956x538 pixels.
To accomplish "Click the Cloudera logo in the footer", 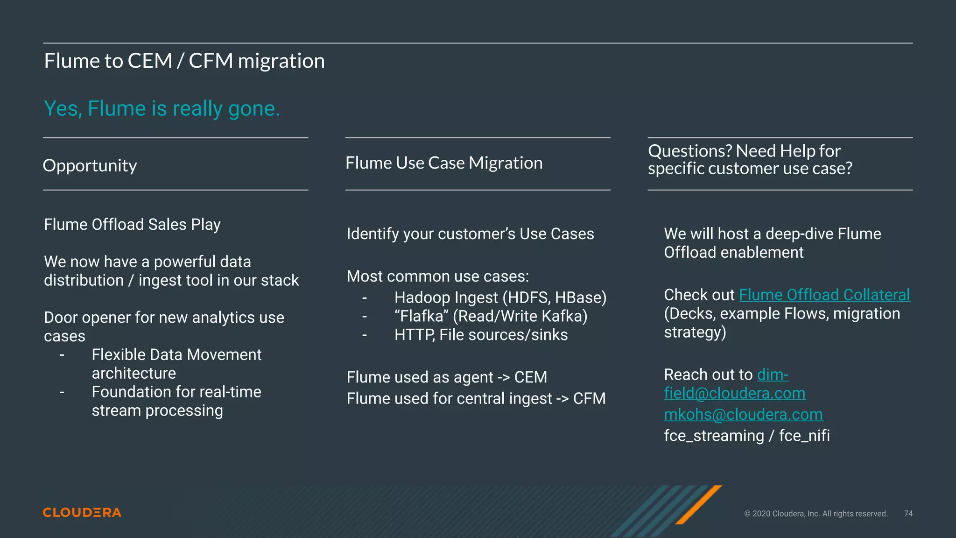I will point(82,512).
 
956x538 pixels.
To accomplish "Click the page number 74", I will point(908,514).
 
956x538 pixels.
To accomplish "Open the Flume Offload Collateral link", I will point(824,295).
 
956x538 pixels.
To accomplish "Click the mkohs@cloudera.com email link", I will point(743,414).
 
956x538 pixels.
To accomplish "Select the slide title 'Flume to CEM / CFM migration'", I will point(184,61).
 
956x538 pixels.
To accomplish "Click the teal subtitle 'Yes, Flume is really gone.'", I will point(162,108).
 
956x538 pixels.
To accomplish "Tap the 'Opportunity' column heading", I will point(90,165).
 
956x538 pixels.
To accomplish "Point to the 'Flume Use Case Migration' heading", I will point(444,163).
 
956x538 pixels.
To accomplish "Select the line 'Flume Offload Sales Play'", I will point(132,224).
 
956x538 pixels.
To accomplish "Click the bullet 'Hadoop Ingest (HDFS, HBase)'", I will point(500,297).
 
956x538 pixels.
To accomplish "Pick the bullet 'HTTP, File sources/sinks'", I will point(481,335).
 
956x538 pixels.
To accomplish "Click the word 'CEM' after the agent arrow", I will point(530,377).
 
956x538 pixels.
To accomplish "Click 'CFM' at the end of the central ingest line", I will point(589,398).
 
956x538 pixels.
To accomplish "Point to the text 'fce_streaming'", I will point(714,435).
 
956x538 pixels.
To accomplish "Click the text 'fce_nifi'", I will point(804,435).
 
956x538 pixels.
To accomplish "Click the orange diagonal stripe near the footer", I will point(699,504).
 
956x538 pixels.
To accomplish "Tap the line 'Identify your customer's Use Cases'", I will point(470,234).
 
